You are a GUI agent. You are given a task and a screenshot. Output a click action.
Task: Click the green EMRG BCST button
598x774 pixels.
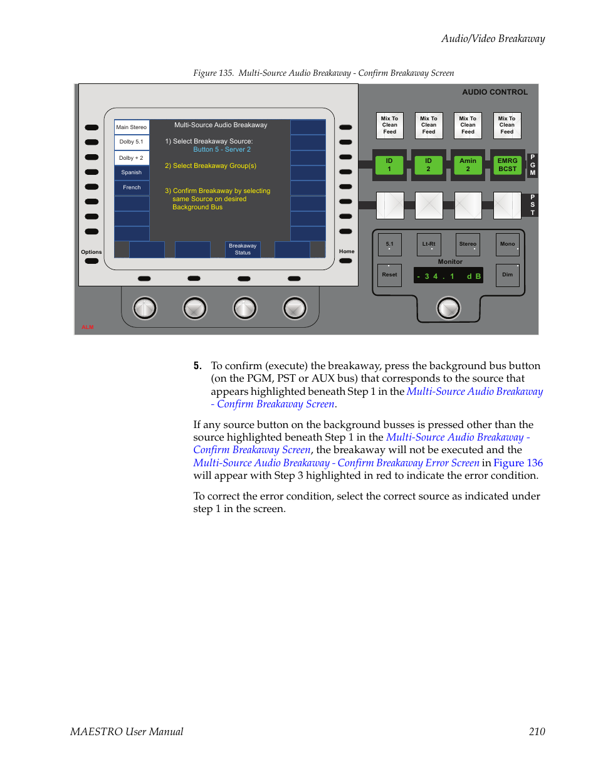click(507, 165)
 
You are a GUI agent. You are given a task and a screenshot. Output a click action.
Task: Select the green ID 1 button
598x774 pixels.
click(389, 165)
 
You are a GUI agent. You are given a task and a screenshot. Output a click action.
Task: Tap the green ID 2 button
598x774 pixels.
click(429, 165)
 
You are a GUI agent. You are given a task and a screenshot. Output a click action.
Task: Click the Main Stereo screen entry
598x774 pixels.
click(132, 127)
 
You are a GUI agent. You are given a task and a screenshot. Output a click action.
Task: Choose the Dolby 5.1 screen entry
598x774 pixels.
click(132, 142)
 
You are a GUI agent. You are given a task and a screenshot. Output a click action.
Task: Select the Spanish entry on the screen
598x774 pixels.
click(132, 172)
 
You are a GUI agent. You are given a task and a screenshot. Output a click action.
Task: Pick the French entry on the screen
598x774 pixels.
click(132, 187)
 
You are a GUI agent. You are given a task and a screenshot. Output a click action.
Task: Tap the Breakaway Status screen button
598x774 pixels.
click(243, 249)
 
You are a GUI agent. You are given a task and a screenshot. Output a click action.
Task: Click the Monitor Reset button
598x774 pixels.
click(390, 275)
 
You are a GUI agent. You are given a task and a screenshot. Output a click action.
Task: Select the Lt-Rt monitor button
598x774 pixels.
click(429, 244)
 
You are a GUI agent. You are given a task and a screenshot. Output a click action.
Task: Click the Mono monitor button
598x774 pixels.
click(507, 244)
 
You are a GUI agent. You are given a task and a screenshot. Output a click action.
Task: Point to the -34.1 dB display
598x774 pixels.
click(448, 276)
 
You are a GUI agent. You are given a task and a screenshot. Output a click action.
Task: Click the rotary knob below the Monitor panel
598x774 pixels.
click(448, 308)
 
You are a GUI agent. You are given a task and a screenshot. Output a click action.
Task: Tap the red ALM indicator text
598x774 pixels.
click(88, 327)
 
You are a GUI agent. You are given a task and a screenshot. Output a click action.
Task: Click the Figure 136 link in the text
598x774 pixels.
click(518, 463)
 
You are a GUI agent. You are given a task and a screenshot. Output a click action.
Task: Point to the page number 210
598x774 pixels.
click(537, 731)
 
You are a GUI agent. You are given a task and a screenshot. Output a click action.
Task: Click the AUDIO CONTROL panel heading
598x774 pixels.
click(495, 92)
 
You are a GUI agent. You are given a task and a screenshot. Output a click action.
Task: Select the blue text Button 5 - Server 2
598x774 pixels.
click(222, 150)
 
